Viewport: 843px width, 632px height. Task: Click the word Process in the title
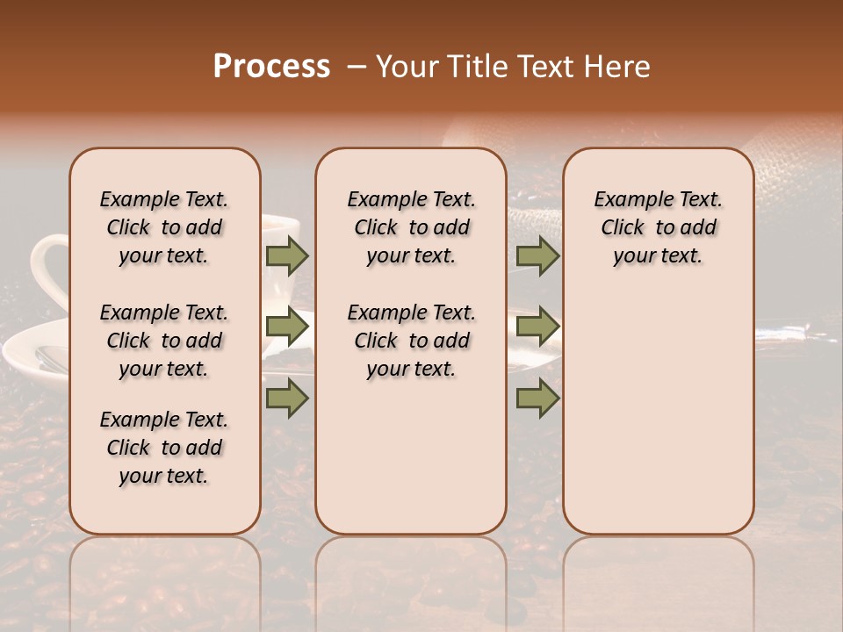pos(271,67)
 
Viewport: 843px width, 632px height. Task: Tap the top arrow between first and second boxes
pos(287,256)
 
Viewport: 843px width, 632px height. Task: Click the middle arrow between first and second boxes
pos(287,327)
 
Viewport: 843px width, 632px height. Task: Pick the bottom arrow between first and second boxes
pos(287,398)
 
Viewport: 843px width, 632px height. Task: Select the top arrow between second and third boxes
pos(537,256)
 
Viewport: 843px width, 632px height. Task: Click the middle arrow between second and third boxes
pos(537,327)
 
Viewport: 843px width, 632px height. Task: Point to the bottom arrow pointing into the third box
pos(537,398)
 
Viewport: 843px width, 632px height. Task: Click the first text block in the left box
pos(164,227)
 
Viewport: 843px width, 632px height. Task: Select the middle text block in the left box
pos(164,341)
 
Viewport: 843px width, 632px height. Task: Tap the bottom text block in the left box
pos(164,448)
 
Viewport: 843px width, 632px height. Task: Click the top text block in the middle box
pos(411,227)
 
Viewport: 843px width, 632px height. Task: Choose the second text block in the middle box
pos(411,341)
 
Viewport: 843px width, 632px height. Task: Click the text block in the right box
pos(658,227)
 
